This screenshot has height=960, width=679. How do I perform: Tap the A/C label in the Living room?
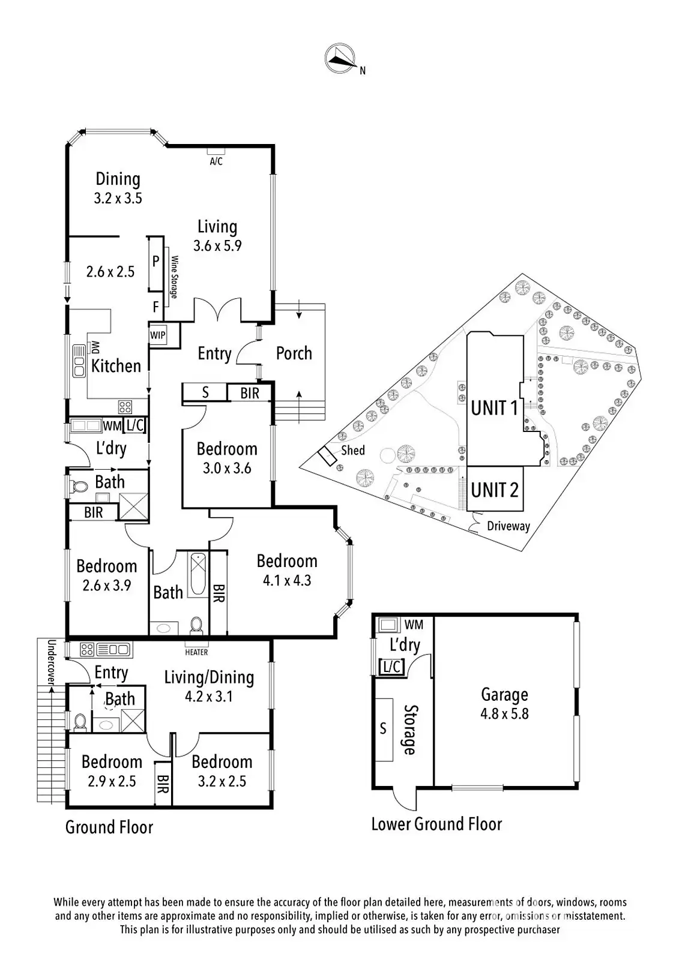tap(216, 161)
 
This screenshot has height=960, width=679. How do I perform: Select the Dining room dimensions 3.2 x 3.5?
tap(118, 199)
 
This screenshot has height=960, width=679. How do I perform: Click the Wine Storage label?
tap(175, 277)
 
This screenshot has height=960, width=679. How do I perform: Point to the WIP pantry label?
tap(158, 335)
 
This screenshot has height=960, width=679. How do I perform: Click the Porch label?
tap(294, 353)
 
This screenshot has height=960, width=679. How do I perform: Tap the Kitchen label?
tap(116, 365)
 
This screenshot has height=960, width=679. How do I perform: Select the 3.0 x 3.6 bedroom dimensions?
tap(226, 468)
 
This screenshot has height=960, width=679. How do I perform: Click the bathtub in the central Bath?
tap(197, 575)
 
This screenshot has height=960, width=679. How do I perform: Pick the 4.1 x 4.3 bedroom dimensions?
tap(287, 580)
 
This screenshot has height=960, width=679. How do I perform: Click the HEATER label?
tap(196, 652)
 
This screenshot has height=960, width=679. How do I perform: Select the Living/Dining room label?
tap(209, 677)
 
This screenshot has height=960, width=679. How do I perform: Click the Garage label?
tap(504, 695)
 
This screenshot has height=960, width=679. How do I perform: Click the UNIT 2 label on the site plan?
tap(494, 490)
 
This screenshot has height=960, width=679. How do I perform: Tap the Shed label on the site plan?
tap(352, 450)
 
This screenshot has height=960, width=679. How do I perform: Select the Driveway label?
tap(508, 526)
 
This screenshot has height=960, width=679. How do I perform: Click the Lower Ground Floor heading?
tap(436, 824)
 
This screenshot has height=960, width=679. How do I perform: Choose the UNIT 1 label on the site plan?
tap(493, 408)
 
